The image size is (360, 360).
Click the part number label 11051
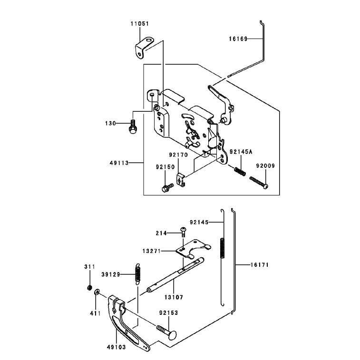140,24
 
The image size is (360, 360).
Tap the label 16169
238,39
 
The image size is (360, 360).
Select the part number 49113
119,163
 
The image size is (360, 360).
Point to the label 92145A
241,152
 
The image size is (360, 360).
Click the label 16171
260,265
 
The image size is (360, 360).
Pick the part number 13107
174,297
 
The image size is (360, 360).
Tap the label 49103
117,347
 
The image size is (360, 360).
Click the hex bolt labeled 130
133,126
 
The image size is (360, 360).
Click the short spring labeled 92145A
240,171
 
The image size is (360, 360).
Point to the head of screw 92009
266,186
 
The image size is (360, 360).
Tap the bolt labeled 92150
167,187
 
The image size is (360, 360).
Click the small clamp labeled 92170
181,180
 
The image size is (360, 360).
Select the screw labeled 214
183,232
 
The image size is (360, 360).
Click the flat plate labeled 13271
193,248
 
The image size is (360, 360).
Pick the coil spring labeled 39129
137,273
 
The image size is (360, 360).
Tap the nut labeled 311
90,287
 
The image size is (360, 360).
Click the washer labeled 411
97,292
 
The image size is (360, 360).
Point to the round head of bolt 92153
172,334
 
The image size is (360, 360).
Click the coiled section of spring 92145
222,248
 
